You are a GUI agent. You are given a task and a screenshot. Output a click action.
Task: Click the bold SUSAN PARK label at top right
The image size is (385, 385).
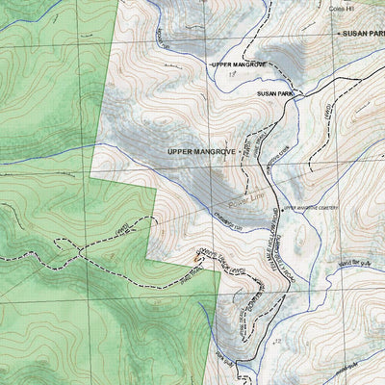pos(363,32)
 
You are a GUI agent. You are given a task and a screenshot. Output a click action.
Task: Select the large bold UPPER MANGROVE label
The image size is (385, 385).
pos(201,152)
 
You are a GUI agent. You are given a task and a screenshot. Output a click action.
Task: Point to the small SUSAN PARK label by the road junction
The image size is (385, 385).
pos(274,93)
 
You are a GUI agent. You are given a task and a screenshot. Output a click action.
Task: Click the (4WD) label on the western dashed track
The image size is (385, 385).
pos(123,230)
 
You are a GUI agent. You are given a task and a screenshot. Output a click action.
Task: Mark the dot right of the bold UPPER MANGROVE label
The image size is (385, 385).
pos(242,152)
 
